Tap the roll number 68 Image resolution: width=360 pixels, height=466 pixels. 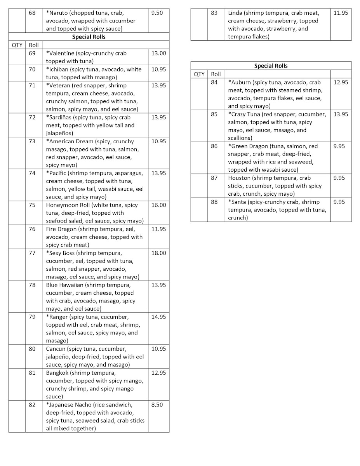(32, 13)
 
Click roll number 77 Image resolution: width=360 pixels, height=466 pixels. (32, 253)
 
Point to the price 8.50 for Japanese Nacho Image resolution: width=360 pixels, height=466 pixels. (157, 404)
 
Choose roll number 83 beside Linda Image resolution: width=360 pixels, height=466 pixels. (214, 13)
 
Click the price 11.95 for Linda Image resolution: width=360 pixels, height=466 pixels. (341, 13)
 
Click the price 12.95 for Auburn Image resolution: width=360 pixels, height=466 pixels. (341, 82)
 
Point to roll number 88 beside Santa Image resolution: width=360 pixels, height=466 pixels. (214, 202)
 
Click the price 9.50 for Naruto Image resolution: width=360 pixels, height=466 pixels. (157, 13)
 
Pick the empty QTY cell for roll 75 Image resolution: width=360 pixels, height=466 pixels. (17, 213)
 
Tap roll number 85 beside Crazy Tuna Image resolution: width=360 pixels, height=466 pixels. (214, 114)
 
